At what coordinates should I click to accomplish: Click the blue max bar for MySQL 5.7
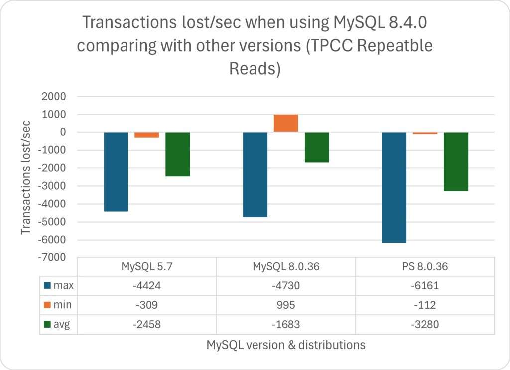(116, 172)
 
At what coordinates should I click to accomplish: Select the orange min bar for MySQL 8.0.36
(286, 123)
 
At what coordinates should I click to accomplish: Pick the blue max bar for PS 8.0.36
(394, 187)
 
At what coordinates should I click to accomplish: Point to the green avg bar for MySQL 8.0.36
(317, 147)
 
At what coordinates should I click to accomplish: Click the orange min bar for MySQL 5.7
(147, 135)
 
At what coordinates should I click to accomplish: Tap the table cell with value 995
(286, 304)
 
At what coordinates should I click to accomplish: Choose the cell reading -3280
(425, 324)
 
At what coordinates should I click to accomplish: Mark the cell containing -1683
(286, 324)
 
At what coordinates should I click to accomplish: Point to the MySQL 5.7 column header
(147, 266)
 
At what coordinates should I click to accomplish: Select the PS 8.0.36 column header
(425, 266)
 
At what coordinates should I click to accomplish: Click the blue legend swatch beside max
(47, 285)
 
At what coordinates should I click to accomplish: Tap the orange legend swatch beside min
(47, 305)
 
